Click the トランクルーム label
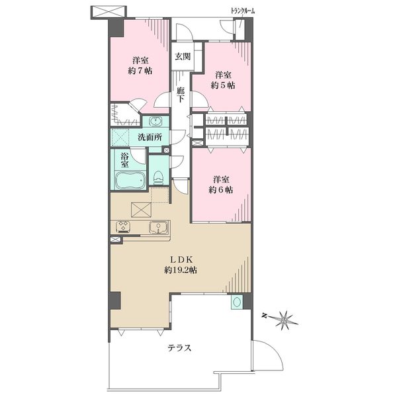(243, 11)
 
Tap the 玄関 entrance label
(183, 56)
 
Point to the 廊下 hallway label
(180, 95)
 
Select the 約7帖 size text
(140, 71)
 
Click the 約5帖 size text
(223, 85)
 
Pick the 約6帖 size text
(221, 190)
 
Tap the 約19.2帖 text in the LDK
(181, 271)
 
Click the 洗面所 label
(150, 138)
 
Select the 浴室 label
(124, 160)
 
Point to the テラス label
(179, 348)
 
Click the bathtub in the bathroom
(130, 180)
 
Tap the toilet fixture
(159, 178)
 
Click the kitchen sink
(159, 227)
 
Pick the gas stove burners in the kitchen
(123, 226)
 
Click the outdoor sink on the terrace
(237, 302)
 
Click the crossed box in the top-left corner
(109, 12)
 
